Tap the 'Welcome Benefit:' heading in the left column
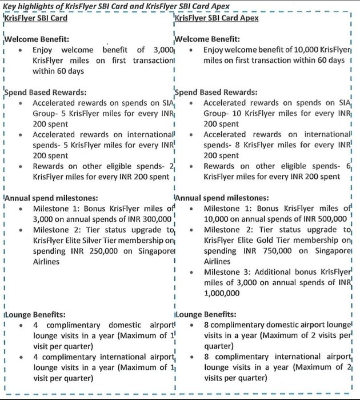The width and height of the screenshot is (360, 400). (37, 40)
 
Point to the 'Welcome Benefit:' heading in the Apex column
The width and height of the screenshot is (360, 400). (207, 40)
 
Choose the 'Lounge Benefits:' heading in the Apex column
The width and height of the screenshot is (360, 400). (205, 314)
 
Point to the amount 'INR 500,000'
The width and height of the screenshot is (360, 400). (323, 219)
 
